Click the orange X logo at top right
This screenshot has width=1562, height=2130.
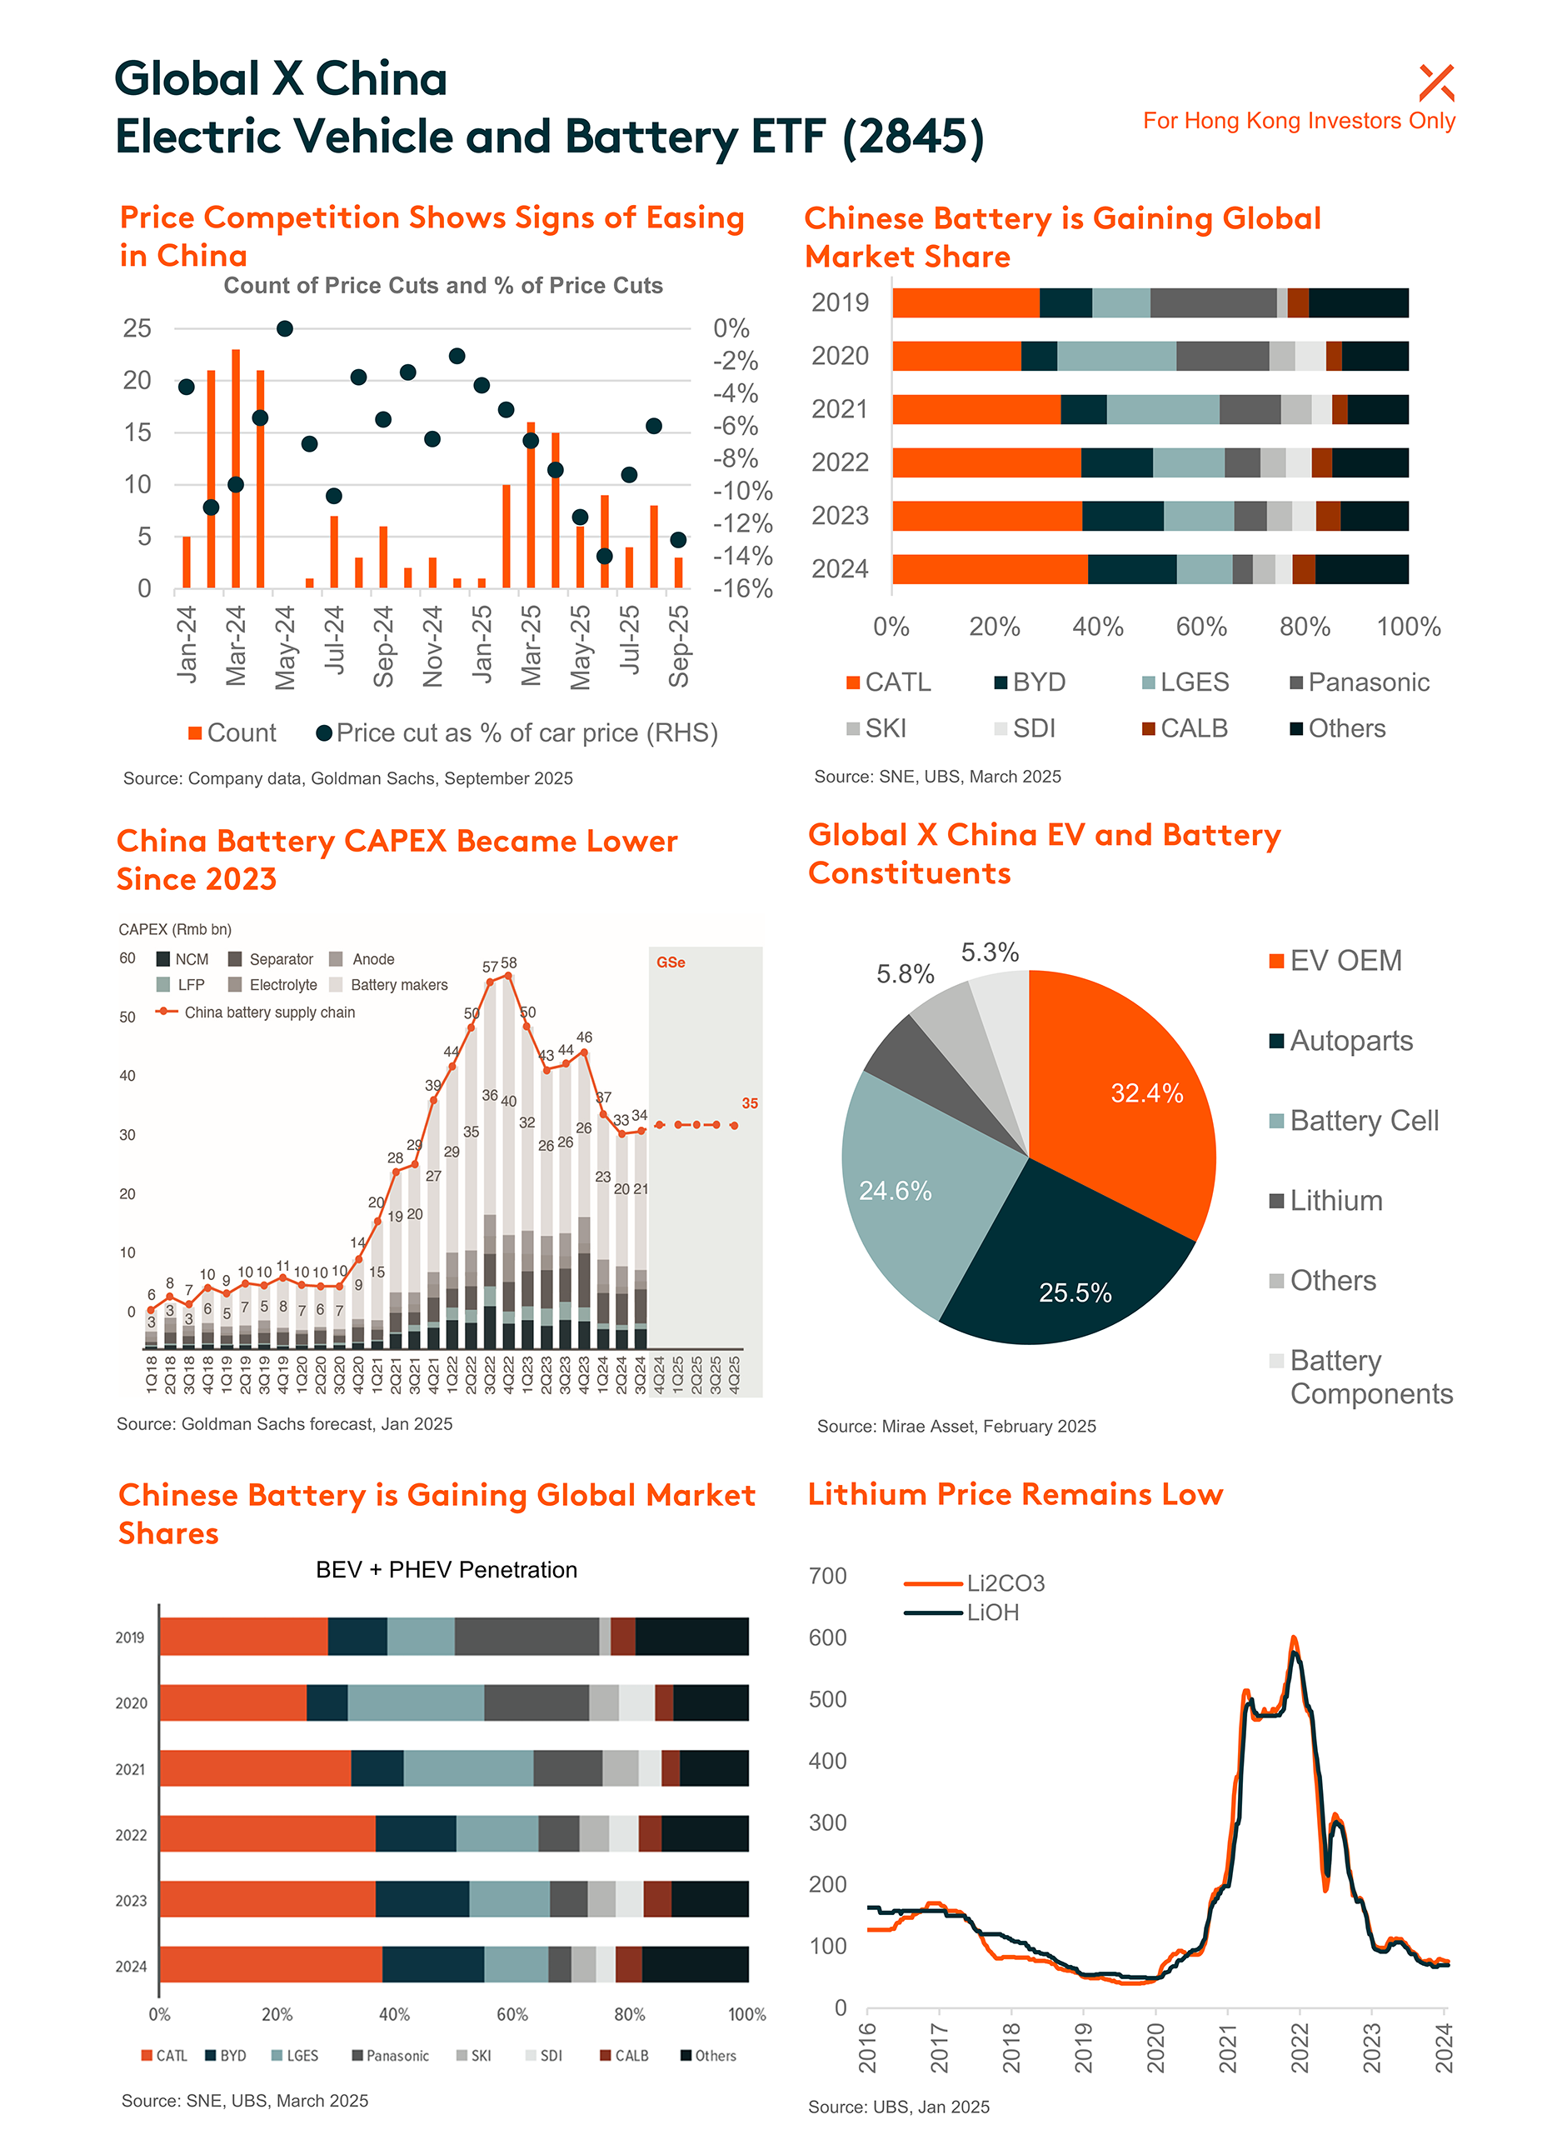pyautogui.click(x=1435, y=82)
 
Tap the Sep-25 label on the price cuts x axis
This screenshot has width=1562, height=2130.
pyautogui.click(x=679, y=646)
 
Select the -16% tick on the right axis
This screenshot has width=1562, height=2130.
pyautogui.click(x=742, y=588)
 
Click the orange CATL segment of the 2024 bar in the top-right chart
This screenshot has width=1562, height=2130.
pyautogui.click(x=989, y=569)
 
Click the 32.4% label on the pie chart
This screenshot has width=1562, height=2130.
pyautogui.click(x=1146, y=1093)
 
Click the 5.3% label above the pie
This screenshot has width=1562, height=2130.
pyautogui.click(x=989, y=952)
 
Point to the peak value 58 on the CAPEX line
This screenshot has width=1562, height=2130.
pyautogui.click(x=509, y=962)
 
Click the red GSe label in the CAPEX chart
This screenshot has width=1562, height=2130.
pyautogui.click(x=671, y=962)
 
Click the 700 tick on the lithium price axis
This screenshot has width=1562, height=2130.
pyautogui.click(x=827, y=1576)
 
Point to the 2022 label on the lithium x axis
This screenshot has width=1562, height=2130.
pyautogui.click(x=1299, y=2047)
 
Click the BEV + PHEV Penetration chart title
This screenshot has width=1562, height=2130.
pyautogui.click(x=447, y=1570)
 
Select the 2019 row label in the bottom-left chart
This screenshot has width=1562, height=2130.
pyautogui.click(x=131, y=1637)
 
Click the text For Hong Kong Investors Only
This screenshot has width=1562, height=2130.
pyautogui.click(x=1298, y=121)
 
